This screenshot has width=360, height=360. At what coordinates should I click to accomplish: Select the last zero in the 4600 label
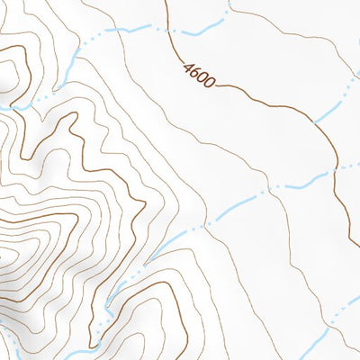(211, 84)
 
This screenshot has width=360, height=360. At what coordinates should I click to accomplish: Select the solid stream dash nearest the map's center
(193, 229)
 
